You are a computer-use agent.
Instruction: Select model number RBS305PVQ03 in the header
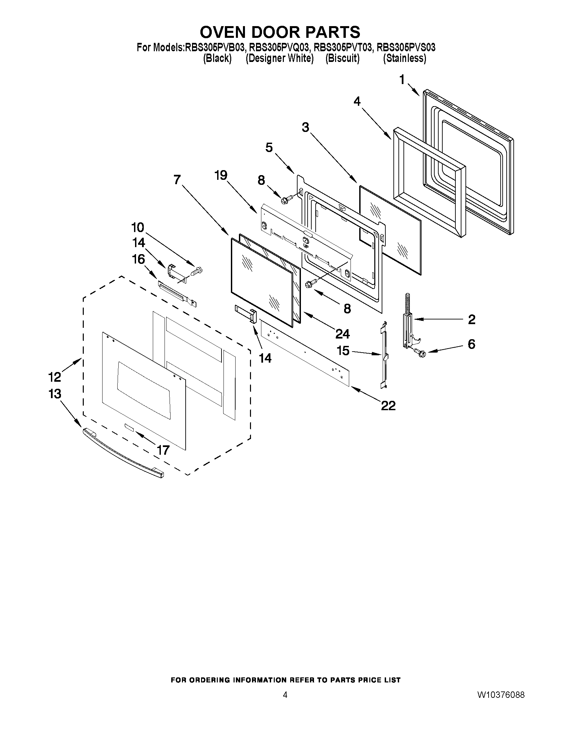pos(278,48)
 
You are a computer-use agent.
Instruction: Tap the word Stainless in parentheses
pos(404,58)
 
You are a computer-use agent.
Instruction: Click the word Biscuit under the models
pos(342,58)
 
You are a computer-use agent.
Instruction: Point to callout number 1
pos(402,80)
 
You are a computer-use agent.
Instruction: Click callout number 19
pos(221,175)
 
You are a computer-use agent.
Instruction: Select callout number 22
pos(388,405)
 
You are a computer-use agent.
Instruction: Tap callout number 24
pos(342,334)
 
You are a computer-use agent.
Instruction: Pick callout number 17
pos(163,450)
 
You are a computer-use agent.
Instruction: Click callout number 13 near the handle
pos(55,394)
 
